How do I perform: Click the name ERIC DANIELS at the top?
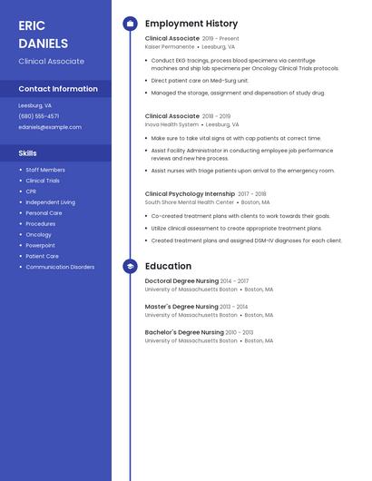(43, 34)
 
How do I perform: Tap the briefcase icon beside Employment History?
(130, 24)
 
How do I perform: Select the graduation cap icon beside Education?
(130, 266)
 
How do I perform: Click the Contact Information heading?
(58, 89)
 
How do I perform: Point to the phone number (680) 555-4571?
(39, 116)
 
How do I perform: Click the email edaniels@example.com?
(50, 127)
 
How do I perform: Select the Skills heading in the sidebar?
(28, 153)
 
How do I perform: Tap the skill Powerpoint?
(40, 245)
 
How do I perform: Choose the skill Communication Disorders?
(60, 267)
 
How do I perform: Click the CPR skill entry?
(31, 191)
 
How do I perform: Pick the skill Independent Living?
(50, 202)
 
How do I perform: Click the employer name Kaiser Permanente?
(170, 46)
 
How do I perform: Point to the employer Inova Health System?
(171, 124)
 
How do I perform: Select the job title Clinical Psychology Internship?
(190, 193)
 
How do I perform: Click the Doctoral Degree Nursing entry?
(181, 281)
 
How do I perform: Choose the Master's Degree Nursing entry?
(181, 307)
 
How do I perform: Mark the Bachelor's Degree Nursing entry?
(184, 332)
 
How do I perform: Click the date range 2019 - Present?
(220, 39)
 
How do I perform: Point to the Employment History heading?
(191, 24)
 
